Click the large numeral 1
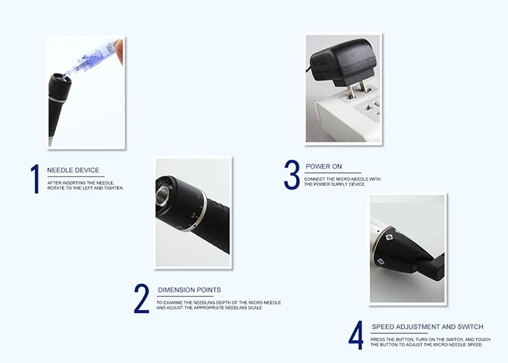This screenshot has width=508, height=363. pyautogui.click(x=35, y=179)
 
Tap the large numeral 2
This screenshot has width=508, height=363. pyautogui.click(x=142, y=298)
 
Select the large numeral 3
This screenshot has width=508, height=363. pyautogui.click(x=292, y=174)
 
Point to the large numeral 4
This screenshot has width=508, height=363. pyautogui.click(x=356, y=335)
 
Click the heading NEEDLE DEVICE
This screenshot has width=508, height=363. pyautogui.click(x=73, y=170)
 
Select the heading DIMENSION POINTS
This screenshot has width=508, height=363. pyautogui.click(x=189, y=290)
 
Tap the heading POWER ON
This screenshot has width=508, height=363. pyautogui.click(x=324, y=166)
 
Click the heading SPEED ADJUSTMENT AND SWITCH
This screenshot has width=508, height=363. pyautogui.click(x=427, y=327)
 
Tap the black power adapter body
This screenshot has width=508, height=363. pyautogui.click(x=343, y=60)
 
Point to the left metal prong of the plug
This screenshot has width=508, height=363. pyautogui.click(x=351, y=91)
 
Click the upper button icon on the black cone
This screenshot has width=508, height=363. pyautogui.click(x=390, y=237)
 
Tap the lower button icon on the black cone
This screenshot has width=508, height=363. pyautogui.click(x=381, y=261)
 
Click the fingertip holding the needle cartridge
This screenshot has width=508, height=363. pyautogui.click(x=118, y=50)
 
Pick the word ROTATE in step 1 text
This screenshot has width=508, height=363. pyautogui.click(x=55, y=188)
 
